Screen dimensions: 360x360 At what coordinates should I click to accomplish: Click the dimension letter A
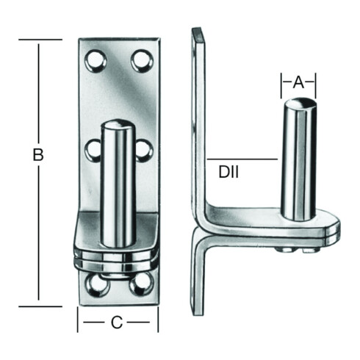[x=298, y=82]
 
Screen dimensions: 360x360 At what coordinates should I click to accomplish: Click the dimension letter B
[x=38, y=154]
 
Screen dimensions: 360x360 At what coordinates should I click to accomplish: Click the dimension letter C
[x=117, y=323]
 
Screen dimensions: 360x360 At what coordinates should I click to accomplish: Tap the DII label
[x=228, y=172]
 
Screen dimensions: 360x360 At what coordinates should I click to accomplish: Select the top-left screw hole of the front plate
[x=96, y=61]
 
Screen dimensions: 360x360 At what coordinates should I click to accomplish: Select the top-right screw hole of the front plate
[x=142, y=61]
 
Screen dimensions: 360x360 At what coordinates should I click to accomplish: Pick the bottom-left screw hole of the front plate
[x=96, y=284]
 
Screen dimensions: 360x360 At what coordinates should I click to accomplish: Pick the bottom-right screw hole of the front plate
[x=142, y=284]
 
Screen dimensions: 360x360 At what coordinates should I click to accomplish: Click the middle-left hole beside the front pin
[x=93, y=150]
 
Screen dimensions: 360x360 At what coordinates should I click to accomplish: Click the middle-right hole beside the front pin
[x=145, y=150]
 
